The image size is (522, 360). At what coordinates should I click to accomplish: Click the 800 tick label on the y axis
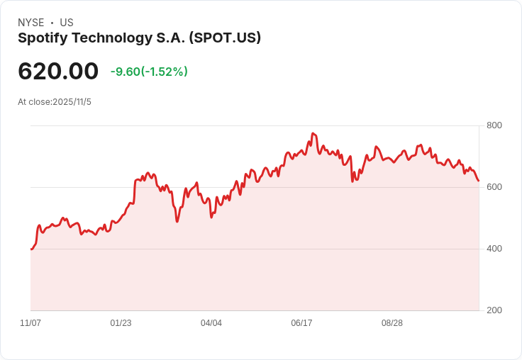(x=494, y=125)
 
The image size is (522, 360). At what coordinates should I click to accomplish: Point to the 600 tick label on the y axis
(x=494, y=187)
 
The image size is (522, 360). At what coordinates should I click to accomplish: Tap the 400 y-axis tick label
(x=494, y=249)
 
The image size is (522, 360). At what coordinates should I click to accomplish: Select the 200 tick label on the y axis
(x=494, y=310)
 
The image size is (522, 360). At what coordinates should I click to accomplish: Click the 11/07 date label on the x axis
(x=30, y=323)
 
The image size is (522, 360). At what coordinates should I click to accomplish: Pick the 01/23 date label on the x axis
(x=121, y=323)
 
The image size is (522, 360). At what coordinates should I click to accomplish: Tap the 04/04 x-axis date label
(x=211, y=323)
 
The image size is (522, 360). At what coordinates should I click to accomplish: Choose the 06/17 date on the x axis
(x=301, y=323)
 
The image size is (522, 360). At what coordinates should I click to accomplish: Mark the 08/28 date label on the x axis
(x=392, y=323)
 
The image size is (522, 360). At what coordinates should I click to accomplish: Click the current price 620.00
(x=58, y=72)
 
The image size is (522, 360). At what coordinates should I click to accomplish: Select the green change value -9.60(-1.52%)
(x=149, y=72)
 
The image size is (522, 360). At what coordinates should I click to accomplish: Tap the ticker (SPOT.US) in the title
(x=225, y=38)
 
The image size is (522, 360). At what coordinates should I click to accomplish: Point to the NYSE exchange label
(x=31, y=23)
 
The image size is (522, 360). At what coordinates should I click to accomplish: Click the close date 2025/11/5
(x=72, y=102)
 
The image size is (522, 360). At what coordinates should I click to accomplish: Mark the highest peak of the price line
(x=313, y=133)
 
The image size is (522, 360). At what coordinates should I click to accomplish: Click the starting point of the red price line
(x=31, y=249)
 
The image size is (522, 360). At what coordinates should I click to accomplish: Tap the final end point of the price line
(x=479, y=181)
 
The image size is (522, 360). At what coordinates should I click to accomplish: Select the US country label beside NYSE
(x=67, y=23)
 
